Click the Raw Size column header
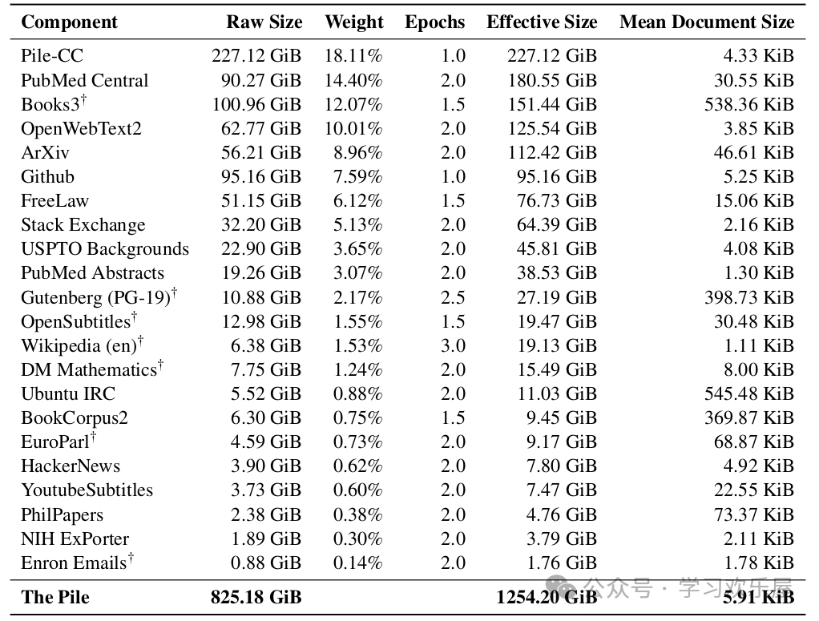[x=264, y=22]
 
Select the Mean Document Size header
[x=706, y=22]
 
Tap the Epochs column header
[x=434, y=22]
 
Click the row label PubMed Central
[x=84, y=80]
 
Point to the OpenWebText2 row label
[x=81, y=128]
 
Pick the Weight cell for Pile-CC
[x=353, y=56]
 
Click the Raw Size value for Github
[x=256, y=176]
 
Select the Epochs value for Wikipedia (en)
[x=453, y=345]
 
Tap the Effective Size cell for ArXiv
[x=551, y=152]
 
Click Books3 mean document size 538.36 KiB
[x=748, y=104]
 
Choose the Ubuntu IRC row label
[x=68, y=393]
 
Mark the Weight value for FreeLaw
[x=357, y=200]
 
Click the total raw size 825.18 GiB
[x=256, y=597]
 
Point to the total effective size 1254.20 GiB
[x=547, y=597]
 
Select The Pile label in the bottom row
[x=55, y=597]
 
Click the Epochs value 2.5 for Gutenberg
[x=453, y=297]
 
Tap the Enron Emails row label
[x=74, y=563]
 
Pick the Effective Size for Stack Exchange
[x=551, y=224]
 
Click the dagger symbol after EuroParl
[x=93, y=437]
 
